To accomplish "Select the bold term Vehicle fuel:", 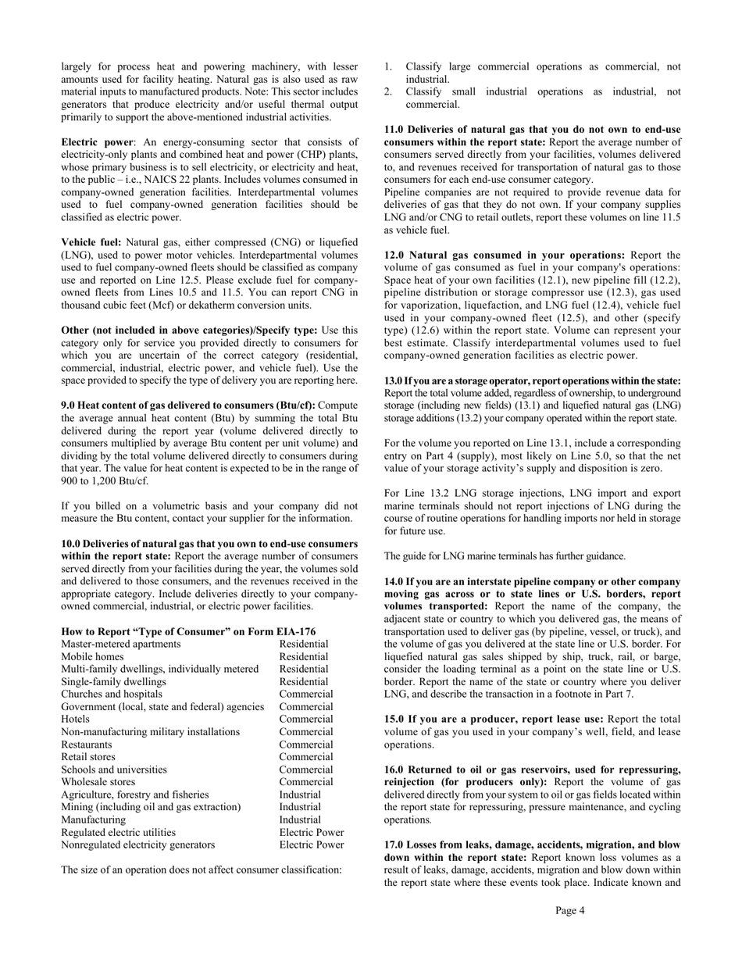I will (91, 242).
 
